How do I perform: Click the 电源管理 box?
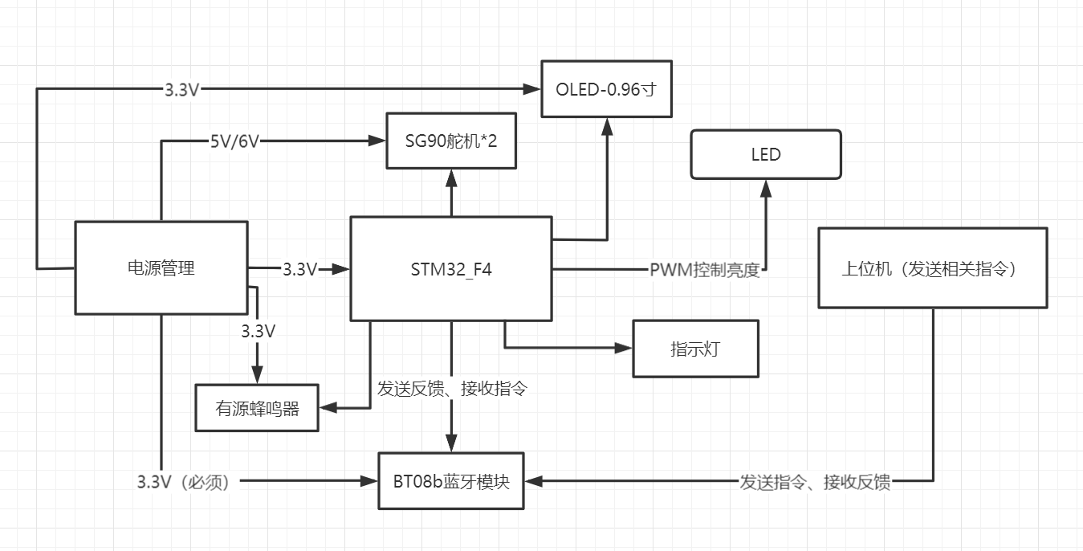click(x=161, y=267)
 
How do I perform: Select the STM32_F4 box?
click(x=450, y=269)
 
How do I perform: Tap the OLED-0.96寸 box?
click(x=605, y=89)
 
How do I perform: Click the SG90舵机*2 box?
click(x=451, y=141)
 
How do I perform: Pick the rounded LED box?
click(x=766, y=154)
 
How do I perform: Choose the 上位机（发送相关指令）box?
click(x=932, y=268)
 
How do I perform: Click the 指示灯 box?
click(x=695, y=349)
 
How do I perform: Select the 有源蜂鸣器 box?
click(x=257, y=408)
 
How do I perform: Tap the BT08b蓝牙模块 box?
click(x=450, y=481)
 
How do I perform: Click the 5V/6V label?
click(x=234, y=141)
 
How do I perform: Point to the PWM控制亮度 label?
click(x=704, y=270)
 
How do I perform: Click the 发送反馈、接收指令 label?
click(x=452, y=389)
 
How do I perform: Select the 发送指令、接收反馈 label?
click(x=815, y=482)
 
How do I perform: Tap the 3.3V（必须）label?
click(x=185, y=482)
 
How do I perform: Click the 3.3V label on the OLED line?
click(x=181, y=89)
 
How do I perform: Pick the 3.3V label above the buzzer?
click(x=258, y=330)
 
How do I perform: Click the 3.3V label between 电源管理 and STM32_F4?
click(x=300, y=269)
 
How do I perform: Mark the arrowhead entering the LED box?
click(x=766, y=188)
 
